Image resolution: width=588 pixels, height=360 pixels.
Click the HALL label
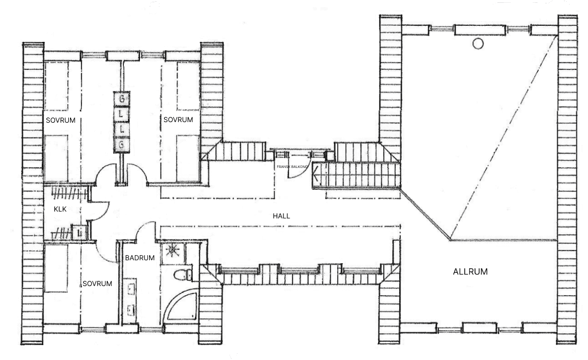282,216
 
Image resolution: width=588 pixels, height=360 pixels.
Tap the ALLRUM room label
470,272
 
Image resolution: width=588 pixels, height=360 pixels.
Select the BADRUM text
140,258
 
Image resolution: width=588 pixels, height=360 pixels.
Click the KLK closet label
60,209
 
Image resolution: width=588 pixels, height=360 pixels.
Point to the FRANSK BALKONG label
292,166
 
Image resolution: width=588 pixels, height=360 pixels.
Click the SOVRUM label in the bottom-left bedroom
96,283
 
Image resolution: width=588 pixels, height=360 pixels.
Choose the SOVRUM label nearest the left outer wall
60,120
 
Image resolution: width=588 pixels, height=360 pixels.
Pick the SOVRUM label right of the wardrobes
178,119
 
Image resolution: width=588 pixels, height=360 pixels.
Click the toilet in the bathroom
182,274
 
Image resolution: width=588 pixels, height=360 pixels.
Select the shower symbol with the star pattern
172,252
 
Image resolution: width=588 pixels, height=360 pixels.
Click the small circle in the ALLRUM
478,44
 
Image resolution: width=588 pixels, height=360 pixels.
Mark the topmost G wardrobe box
122,99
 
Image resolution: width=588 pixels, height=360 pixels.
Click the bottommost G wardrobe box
122,146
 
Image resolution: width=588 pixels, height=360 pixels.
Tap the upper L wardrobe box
122,114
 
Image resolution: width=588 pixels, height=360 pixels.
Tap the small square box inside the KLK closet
79,232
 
